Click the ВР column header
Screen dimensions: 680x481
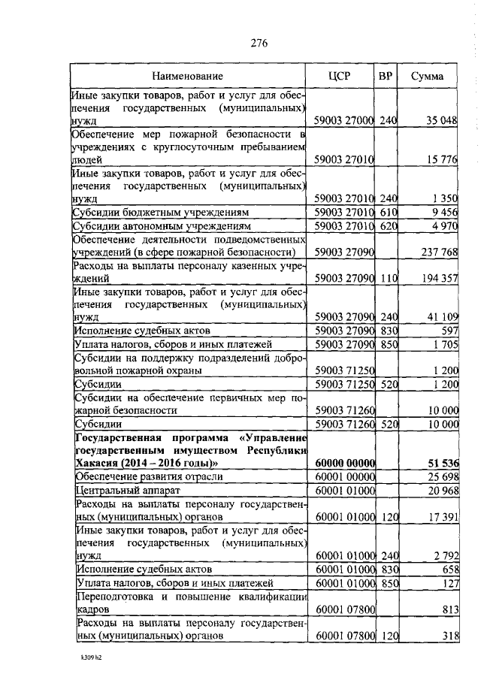click(385, 77)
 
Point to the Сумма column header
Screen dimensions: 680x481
click(427, 77)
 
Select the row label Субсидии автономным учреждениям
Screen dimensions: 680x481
click(149, 226)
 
